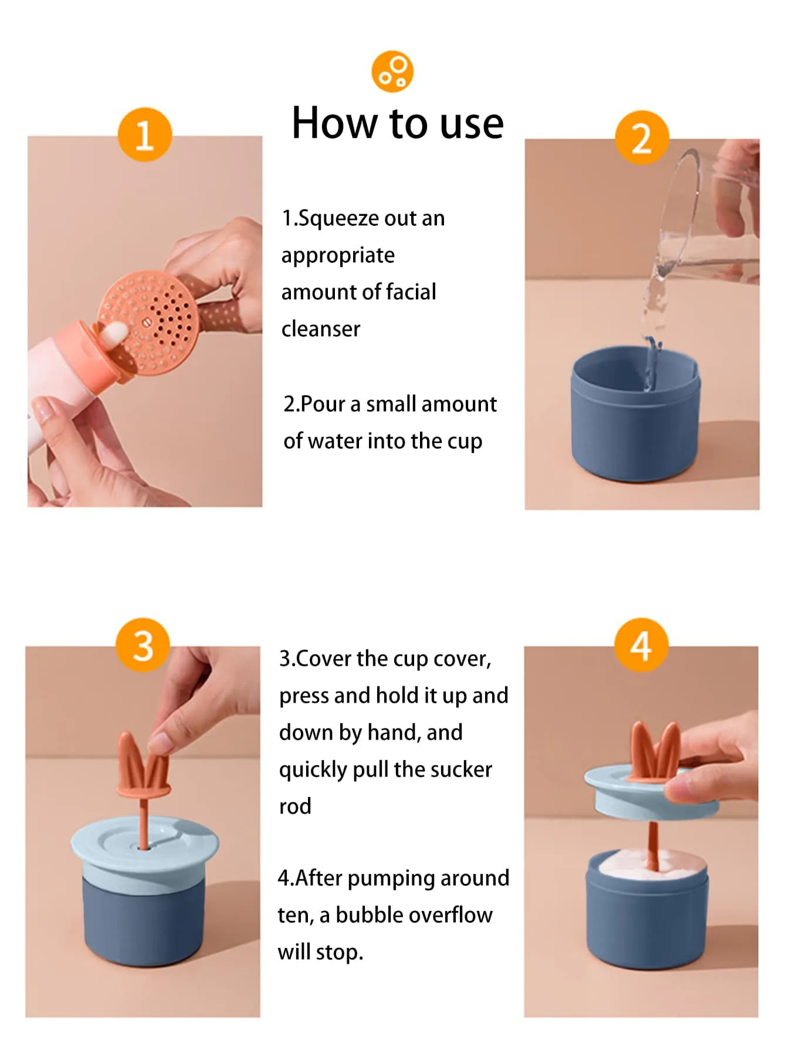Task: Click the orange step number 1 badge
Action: [144, 134]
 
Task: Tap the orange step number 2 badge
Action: [642, 138]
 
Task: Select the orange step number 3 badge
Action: [143, 645]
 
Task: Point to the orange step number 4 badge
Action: [641, 645]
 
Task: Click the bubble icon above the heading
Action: [392, 72]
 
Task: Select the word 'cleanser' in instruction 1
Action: [321, 329]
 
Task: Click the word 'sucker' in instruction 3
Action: [460, 770]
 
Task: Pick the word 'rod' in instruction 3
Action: [295, 807]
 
